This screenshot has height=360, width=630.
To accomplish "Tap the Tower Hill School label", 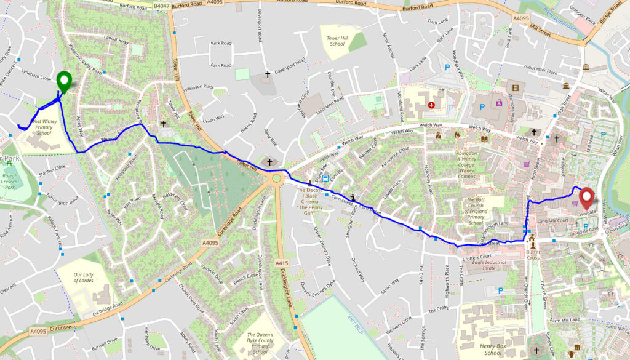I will tap(337, 41).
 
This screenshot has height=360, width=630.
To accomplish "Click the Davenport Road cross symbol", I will tap(268, 74).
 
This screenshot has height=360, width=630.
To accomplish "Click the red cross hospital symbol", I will tap(431, 105).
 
